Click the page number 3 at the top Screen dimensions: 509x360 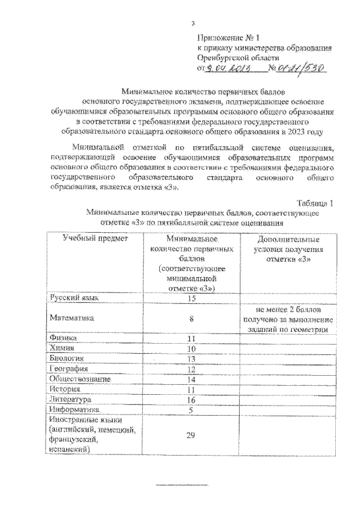click(192, 23)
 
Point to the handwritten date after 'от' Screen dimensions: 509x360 click(228, 69)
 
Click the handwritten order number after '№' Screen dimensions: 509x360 click(301, 68)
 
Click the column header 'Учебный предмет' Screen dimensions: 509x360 click(96, 238)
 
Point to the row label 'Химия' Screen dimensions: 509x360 click(62, 348)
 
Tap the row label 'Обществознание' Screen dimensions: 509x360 click(80, 379)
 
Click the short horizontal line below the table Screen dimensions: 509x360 click(181, 484)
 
